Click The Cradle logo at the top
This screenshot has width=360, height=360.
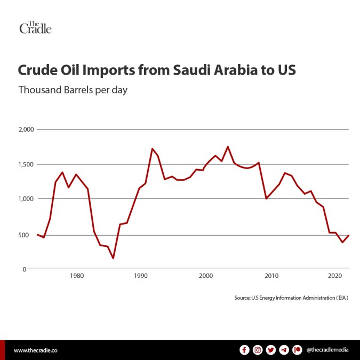pyautogui.click(x=35, y=28)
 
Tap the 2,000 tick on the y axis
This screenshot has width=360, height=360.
pyautogui.click(x=25, y=129)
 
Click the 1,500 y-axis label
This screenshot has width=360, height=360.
pyautogui.click(x=25, y=164)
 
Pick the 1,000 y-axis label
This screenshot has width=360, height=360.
pyautogui.click(x=25, y=199)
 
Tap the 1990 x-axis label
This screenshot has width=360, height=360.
pyautogui.click(x=141, y=276)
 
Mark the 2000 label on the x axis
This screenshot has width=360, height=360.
pyautogui.click(x=206, y=276)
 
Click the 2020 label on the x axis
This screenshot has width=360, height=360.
pyautogui.click(x=335, y=276)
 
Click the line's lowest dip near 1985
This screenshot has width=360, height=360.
pyautogui.click(x=113, y=258)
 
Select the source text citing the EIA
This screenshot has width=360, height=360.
pyautogui.click(x=291, y=297)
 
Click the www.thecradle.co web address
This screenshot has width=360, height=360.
pyautogui.click(x=35, y=350)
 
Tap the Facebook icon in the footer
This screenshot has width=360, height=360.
pyautogui.click(x=245, y=350)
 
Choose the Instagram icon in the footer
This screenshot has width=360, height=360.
pyautogui.click(x=258, y=350)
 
